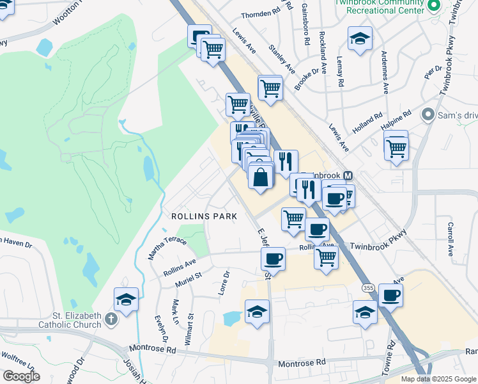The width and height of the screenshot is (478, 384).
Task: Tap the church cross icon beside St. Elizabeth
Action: (x=111, y=319)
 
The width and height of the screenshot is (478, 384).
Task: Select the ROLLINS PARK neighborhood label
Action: (x=204, y=216)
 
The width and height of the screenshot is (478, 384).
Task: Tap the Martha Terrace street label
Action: (x=167, y=247)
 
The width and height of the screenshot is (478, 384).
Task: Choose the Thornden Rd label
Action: (x=261, y=14)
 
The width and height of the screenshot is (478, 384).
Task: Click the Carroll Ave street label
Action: (x=451, y=238)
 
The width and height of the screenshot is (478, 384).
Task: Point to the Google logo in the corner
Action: (x=21, y=376)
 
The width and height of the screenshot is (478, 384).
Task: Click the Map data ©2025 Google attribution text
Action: (x=439, y=379)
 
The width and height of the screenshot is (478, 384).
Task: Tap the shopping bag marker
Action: (x=261, y=177)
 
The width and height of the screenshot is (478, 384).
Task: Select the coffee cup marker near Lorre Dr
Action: (x=274, y=258)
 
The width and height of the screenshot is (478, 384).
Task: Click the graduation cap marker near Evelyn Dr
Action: (x=127, y=300)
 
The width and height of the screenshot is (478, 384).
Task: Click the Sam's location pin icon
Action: (x=428, y=115)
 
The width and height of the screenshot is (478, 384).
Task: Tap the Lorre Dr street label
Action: (x=224, y=282)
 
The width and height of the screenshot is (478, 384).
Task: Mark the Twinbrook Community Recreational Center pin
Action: (x=435, y=6)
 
